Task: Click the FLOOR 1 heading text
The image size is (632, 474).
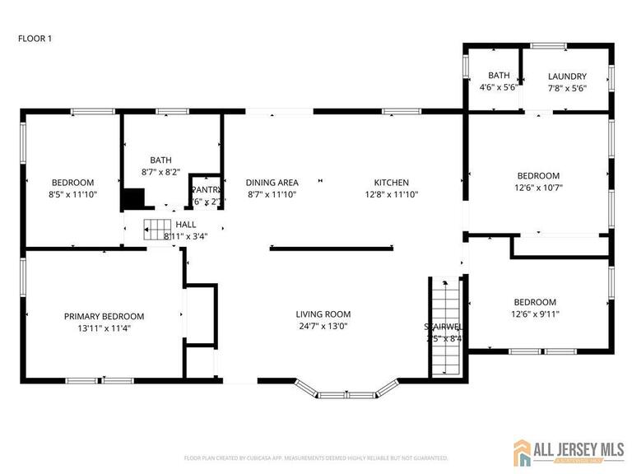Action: click(35, 38)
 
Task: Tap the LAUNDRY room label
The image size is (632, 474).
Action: click(567, 77)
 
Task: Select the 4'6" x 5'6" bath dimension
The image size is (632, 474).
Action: click(499, 87)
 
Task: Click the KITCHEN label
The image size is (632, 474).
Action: click(391, 183)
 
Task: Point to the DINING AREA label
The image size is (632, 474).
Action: click(272, 183)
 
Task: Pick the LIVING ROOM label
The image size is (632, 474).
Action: click(323, 314)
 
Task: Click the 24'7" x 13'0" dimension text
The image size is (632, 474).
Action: click(323, 326)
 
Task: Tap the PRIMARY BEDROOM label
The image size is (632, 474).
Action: click(104, 316)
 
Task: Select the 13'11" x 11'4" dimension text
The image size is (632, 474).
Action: click(104, 328)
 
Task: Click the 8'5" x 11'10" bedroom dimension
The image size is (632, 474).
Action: click(72, 194)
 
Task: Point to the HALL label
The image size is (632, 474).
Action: click(185, 224)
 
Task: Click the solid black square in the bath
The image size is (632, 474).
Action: click(132, 199)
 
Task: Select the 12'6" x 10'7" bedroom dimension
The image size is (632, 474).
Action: click(538, 187)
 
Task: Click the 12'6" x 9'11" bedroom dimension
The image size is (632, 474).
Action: click(535, 314)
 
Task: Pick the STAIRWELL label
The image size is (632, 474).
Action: click(443, 327)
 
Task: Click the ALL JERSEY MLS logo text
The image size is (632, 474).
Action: click(575, 448)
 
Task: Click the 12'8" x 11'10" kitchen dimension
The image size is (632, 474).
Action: click(391, 194)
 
